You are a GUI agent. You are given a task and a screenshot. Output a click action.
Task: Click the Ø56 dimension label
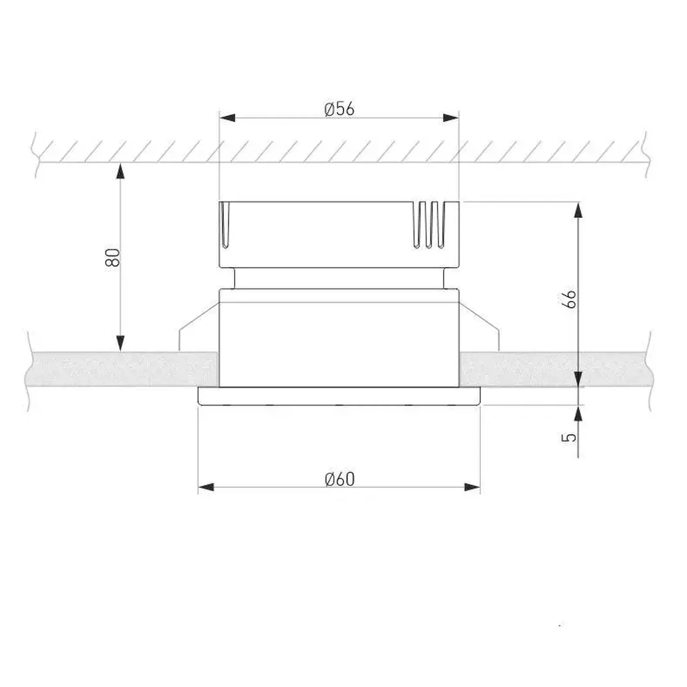[x=339, y=109]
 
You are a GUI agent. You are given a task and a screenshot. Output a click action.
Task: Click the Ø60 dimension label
[x=340, y=479]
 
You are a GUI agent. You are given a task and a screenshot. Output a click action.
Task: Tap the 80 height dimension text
[x=113, y=257]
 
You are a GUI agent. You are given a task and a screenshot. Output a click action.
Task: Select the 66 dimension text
[x=569, y=299]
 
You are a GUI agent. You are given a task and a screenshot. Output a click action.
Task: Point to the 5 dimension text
[x=569, y=437]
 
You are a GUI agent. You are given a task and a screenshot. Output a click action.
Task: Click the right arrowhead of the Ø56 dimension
[x=451, y=118]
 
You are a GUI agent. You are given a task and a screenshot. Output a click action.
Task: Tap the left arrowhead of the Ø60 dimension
[x=206, y=487]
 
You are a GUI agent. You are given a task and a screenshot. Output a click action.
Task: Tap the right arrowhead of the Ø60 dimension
[x=472, y=487]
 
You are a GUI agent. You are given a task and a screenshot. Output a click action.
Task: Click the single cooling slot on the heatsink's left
[x=225, y=225]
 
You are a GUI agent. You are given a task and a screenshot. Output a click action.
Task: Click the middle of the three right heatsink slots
[x=429, y=225]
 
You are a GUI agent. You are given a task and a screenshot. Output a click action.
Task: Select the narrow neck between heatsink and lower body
[x=339, y=278]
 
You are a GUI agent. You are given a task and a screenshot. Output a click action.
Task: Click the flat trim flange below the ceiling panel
[x=339, y=396]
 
